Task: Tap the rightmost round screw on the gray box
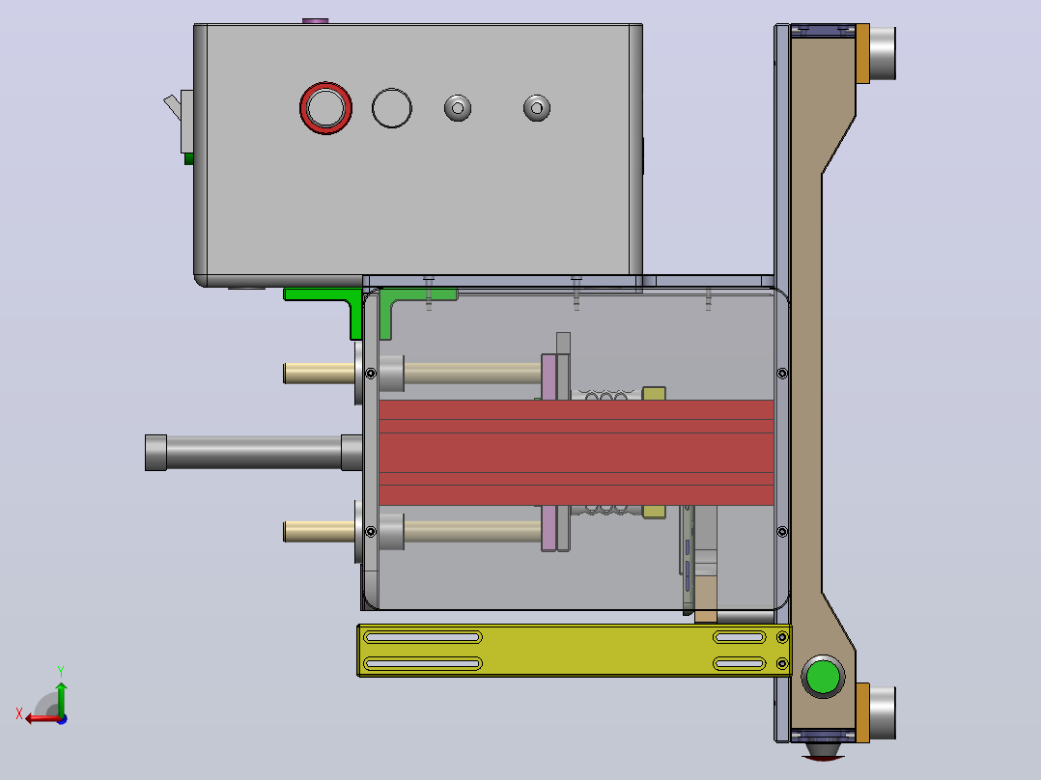[x=537, y=108]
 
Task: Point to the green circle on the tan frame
[x=823, y=677]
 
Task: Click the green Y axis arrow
[x=61, y=697]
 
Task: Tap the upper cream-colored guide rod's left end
[x=286, y=373]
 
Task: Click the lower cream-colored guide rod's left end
[x=286, y=532]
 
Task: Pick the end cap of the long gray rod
[x=156, y=453]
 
